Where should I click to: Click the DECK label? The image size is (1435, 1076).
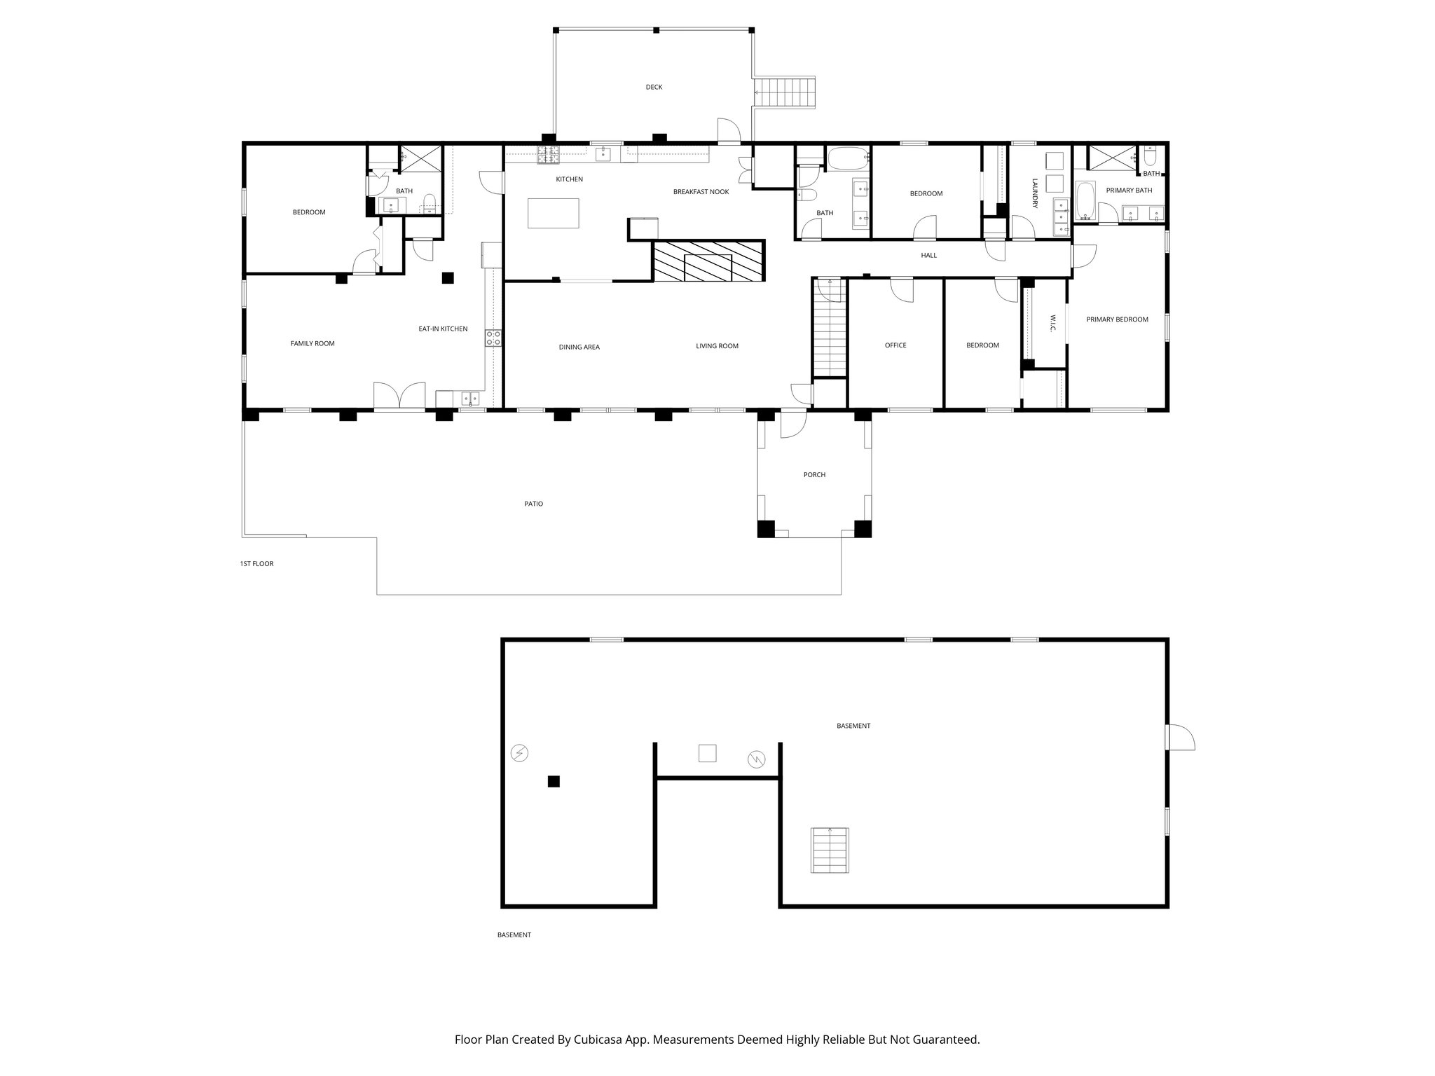(x=654, y=88)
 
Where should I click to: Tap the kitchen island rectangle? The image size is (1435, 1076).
(x=554, y=213)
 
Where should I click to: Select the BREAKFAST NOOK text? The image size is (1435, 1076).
(x=701, y=192)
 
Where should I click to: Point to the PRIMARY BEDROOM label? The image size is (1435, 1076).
(x=1117, y=319)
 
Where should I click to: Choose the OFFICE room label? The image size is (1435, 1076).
(x=895, y=345)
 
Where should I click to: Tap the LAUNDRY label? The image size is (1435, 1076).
(x=1034, y=192)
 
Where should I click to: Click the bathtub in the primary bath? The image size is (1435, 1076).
(x=1085, y=200)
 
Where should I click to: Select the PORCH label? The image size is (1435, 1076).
(x=814, y=475)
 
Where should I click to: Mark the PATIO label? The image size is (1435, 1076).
(x=533, y=504)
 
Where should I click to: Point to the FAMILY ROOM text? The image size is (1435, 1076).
(x=313, y=344)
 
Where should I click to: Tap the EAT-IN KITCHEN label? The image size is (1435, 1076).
(x=443, y=329)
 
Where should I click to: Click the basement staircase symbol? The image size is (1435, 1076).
(x=830, y=850)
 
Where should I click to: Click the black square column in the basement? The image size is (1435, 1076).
(x=554, y=781)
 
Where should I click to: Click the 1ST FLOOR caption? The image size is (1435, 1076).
(x=256, y=563)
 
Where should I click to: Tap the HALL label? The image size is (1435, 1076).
(x=928, y=256)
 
